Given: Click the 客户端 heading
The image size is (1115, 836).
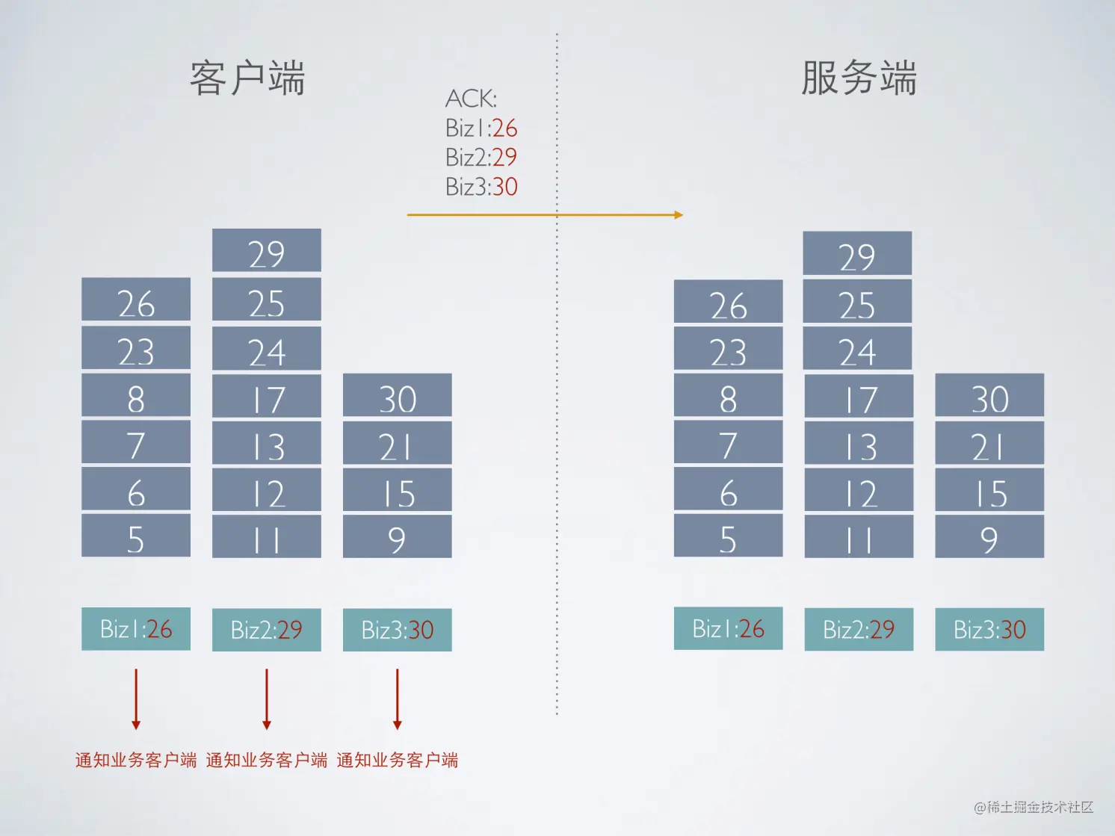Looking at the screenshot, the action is [x=247, y=78].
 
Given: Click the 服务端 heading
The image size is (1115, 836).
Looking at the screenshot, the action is [x=859, y=78].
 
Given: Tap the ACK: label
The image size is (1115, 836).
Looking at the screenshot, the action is [x=471, y=99].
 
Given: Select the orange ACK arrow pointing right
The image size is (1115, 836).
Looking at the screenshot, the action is [x=545, y=214].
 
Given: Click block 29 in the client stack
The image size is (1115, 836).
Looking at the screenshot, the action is [x=267, y=250].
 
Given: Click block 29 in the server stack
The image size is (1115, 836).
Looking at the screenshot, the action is [x=857, y=253].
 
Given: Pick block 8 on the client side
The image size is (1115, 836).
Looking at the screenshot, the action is [x=136, y=395].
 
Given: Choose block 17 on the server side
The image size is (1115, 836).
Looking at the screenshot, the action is [x=859, y=396].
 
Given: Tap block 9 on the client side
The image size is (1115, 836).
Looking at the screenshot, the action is [x=398, y=536].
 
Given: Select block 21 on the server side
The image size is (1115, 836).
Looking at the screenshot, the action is [x=989, y=443].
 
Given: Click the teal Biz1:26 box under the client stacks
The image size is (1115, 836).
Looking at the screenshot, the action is [x=136, y=629].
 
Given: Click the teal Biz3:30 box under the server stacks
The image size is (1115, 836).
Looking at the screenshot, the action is [x=989, y=629].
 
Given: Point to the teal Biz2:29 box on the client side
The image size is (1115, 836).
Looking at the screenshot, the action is [x=267, y=630].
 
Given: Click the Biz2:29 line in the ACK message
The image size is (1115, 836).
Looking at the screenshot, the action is [x=481, y=158].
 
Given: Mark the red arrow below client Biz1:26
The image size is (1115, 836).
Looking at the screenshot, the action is [x=135, y=699].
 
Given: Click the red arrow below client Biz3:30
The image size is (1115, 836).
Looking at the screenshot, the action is [x=398, y=699].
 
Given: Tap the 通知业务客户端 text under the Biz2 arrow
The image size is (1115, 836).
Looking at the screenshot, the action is [x=267, y=761].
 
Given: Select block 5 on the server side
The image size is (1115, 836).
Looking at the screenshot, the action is [x=729, y=536].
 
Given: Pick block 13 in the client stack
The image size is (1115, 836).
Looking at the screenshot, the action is [x=267, y=443].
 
